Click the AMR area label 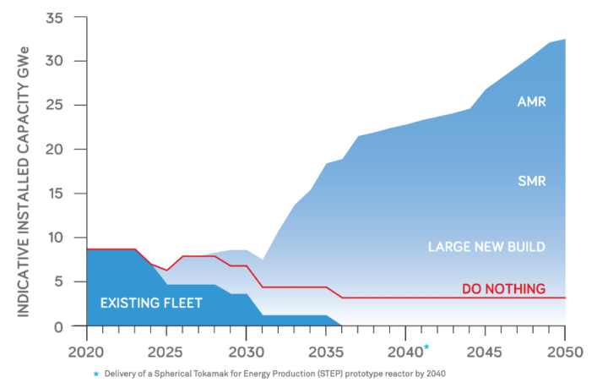click(x=532, y=101)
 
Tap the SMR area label click(x=531, y=180)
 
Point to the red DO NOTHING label click(x=503, y=289)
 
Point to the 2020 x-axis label click(x=86, y=349)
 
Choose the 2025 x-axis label click(x=166, y=349)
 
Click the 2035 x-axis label click(x=326, y=349)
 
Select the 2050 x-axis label click(x=565, y=349)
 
